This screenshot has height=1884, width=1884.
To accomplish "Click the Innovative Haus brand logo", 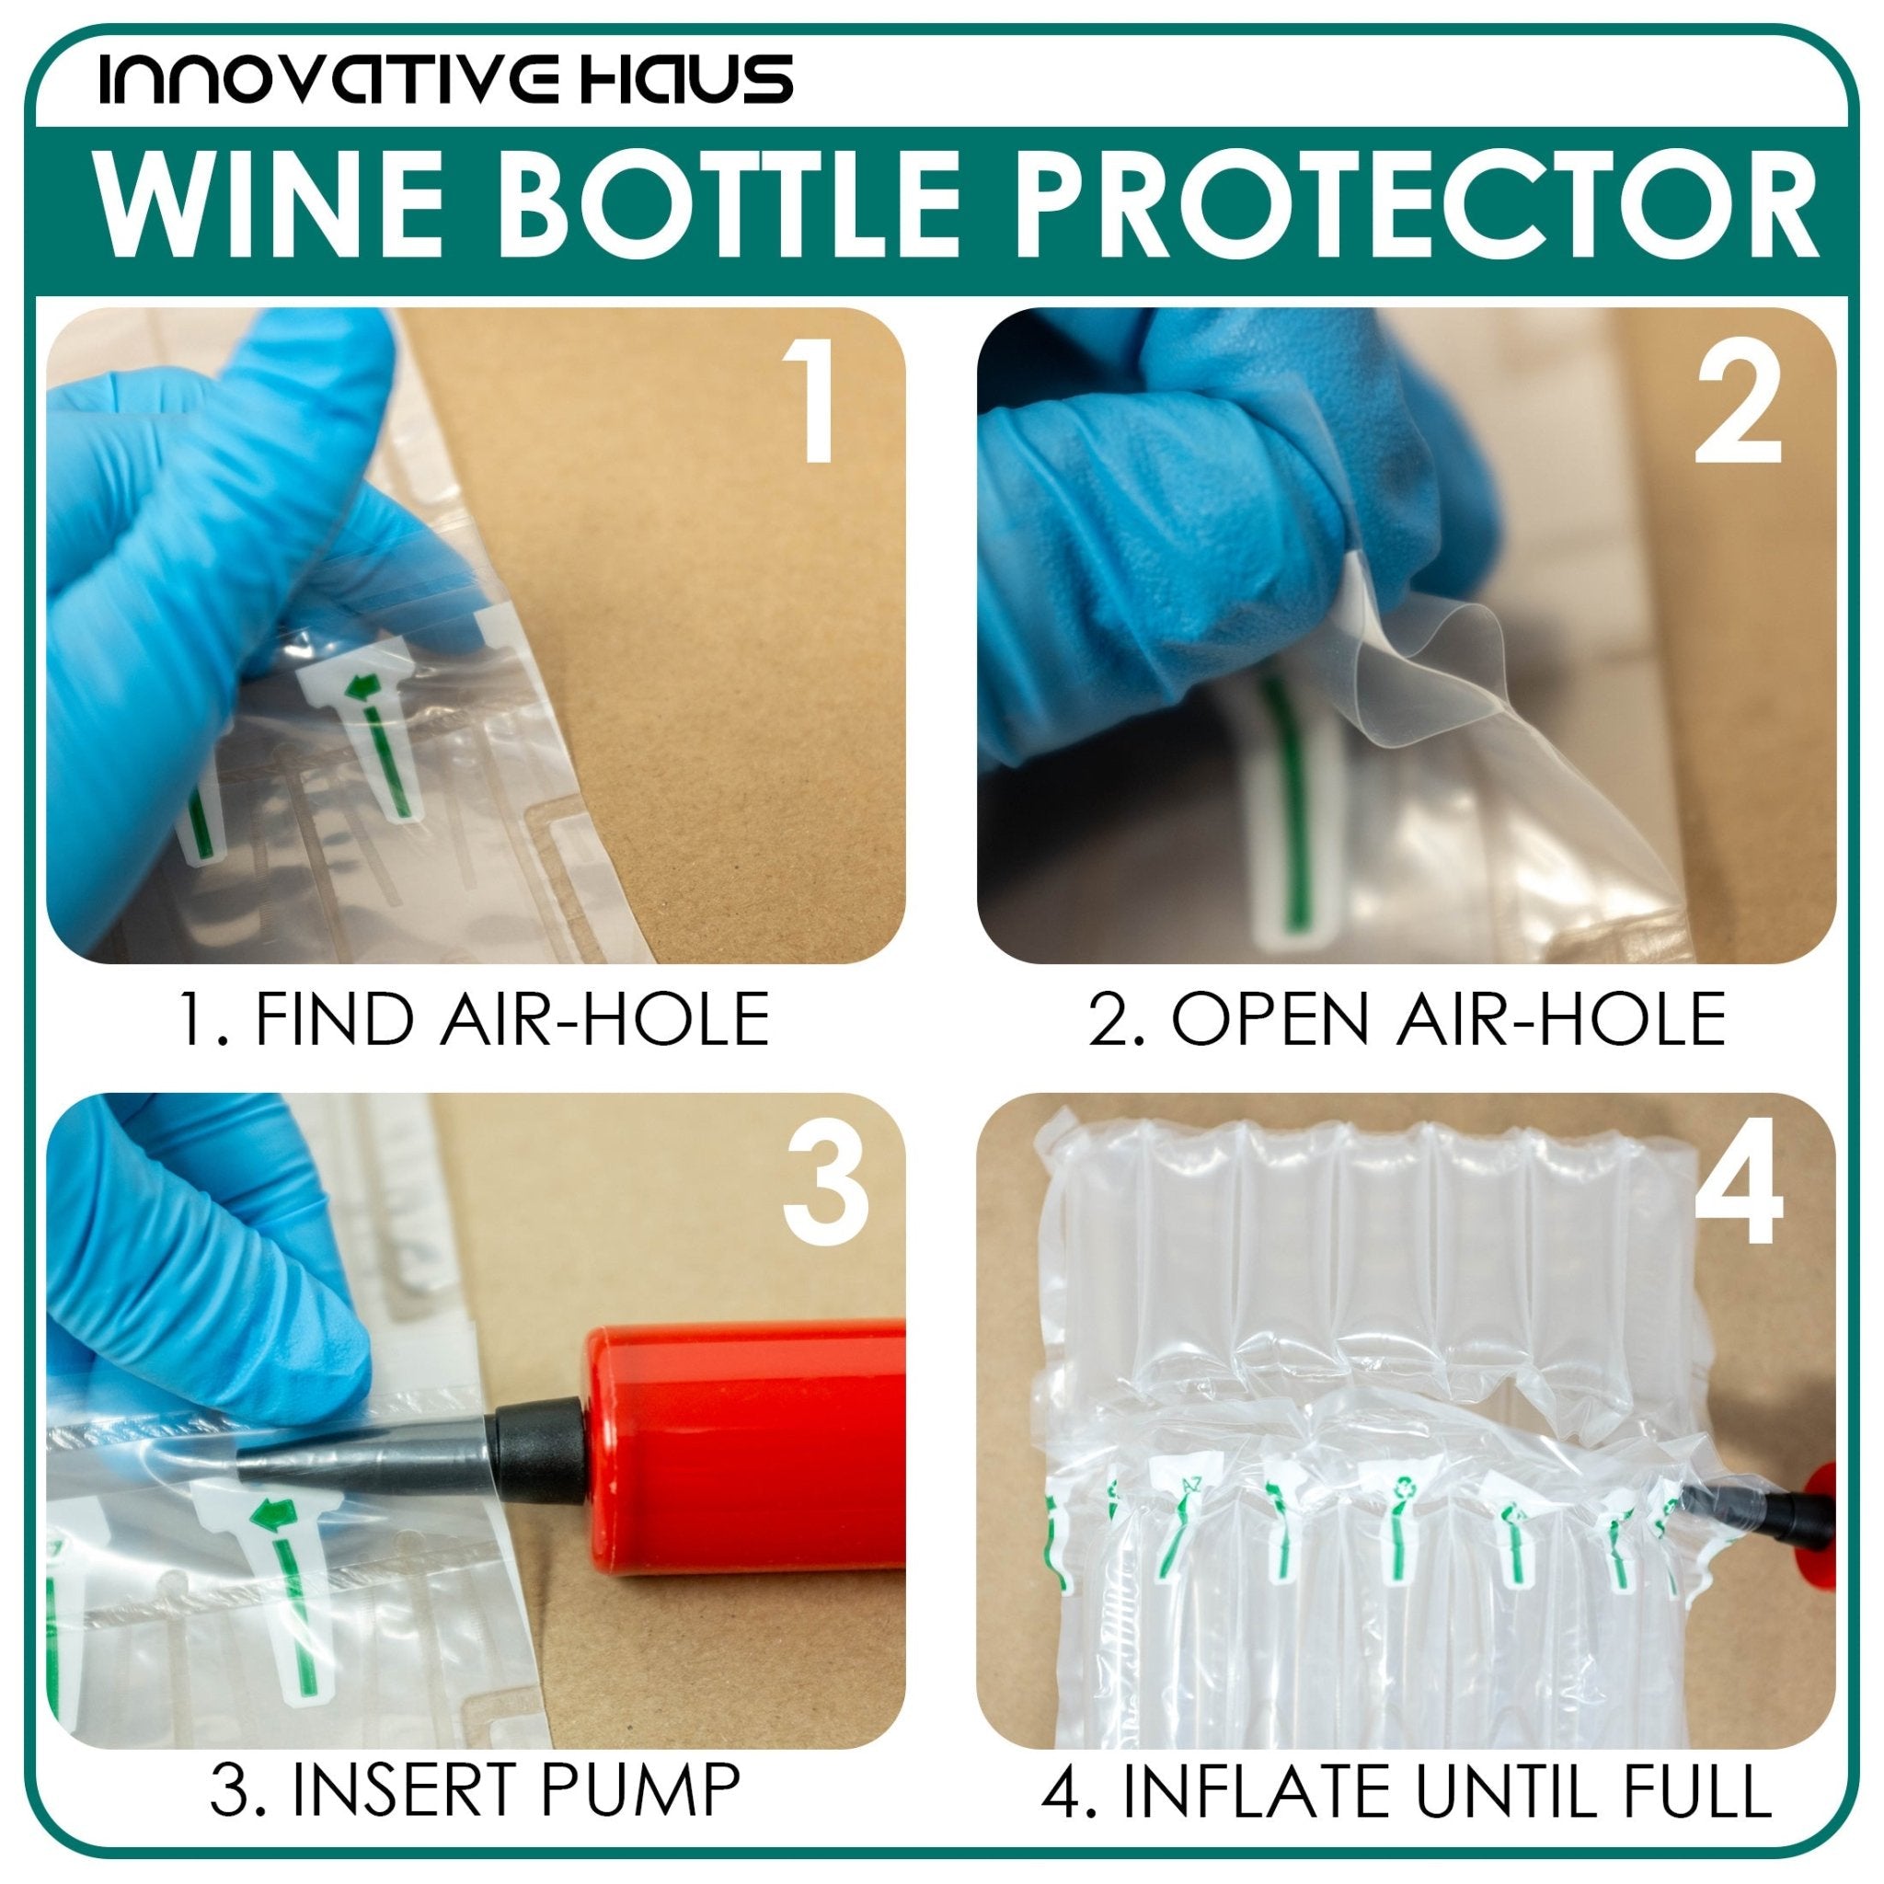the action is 445,80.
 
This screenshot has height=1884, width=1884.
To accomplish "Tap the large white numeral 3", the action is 825,1188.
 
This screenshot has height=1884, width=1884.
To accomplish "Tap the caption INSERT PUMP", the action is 475,1789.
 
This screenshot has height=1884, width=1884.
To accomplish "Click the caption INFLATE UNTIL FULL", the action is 1407,1789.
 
